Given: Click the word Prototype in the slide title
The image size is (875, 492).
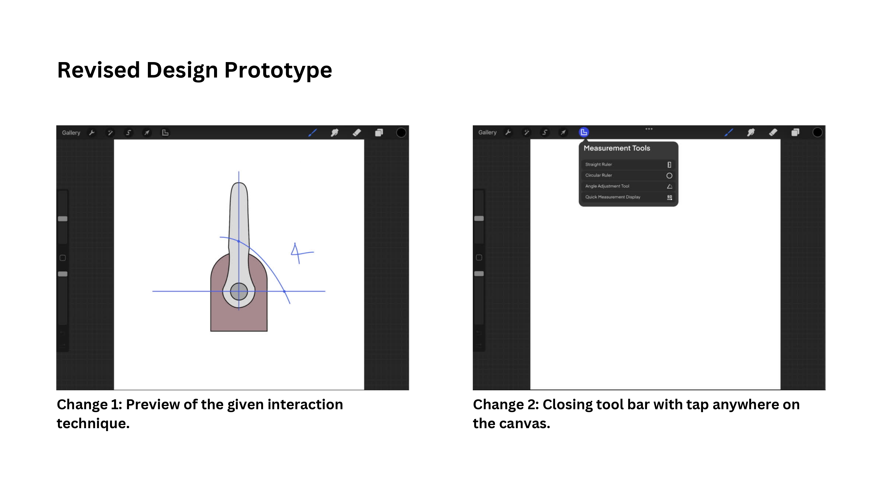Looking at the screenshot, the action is pos(278,71).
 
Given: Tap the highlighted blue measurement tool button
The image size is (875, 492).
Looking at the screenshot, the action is pos(584,132).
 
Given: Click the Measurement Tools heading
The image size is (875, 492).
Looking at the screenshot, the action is pos(617,148).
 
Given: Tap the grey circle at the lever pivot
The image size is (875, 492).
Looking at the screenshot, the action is pos(239,291).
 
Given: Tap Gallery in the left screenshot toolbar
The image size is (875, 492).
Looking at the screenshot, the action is pos(71,133).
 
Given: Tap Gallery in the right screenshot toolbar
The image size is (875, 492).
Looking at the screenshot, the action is pos(487,132).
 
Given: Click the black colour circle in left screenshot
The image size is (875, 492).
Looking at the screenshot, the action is pos(401,133).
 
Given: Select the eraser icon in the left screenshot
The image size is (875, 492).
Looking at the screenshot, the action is pos(357,133).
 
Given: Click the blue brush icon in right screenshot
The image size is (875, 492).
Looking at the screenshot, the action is pos(729,132).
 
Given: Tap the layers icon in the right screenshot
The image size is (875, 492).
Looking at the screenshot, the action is pos(795,132).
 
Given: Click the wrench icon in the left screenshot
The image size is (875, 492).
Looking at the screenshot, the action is pos(92,133).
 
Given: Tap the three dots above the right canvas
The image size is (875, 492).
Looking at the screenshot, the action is pos(649,129).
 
